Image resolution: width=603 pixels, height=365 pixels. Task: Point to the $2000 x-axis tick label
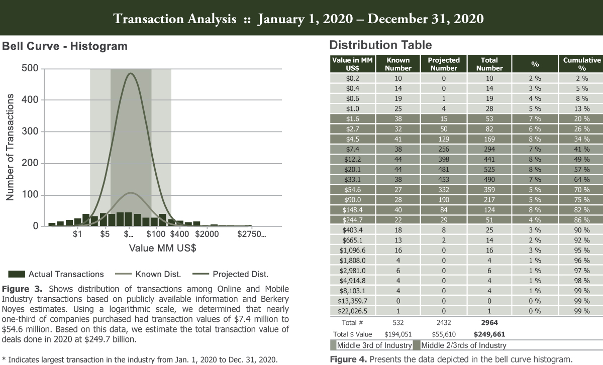pyautogui.click(x=207, y=234)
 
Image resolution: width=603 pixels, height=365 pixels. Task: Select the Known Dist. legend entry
pyautogui.click(x=158, y=274)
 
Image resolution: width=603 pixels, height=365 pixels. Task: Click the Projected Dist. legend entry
pyautogui.click(x=240, y=274)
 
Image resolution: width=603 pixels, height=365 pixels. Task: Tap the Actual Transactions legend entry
pyautogui.click(x=66, y=274)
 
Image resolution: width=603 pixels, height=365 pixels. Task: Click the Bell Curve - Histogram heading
pyautogui.click(x=65, y=47)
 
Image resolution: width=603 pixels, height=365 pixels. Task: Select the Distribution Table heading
pyautogui.click(x=380, y=45)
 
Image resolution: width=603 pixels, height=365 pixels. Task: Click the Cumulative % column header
pyautogui.click(x=581, y=64)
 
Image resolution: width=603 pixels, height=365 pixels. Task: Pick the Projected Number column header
pyautogui.click(x=444, y=64)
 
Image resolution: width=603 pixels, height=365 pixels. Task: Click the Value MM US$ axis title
pyautogui.click(x=162, y=248)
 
